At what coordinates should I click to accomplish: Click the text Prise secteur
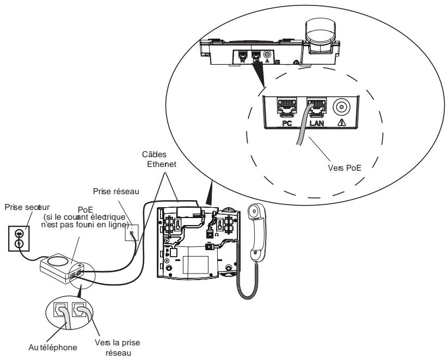coord(25,207)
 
